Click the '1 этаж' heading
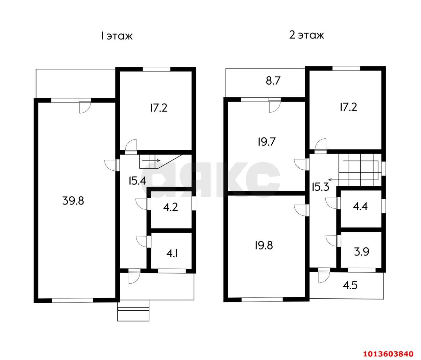tap(117, 36)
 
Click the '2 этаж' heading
tap(306, 35)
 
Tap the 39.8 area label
tap(73, 201)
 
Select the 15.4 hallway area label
tap(137, 181)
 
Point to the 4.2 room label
tap(170, 207)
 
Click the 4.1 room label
tap(172, 254)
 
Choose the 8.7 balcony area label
tap(273, 81)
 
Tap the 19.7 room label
tap(267, 142)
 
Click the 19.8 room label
tap(264, 245)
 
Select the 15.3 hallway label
tap(320, 187)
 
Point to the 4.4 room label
tap(360, 206)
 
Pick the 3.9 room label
tap(361, 252)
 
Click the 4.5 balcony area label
tap(350, 285)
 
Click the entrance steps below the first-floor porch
tap(133, 311)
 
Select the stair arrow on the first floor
tap(151, 160)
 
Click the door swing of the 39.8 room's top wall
tap(85, 107)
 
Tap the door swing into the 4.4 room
tap(331, 203)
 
